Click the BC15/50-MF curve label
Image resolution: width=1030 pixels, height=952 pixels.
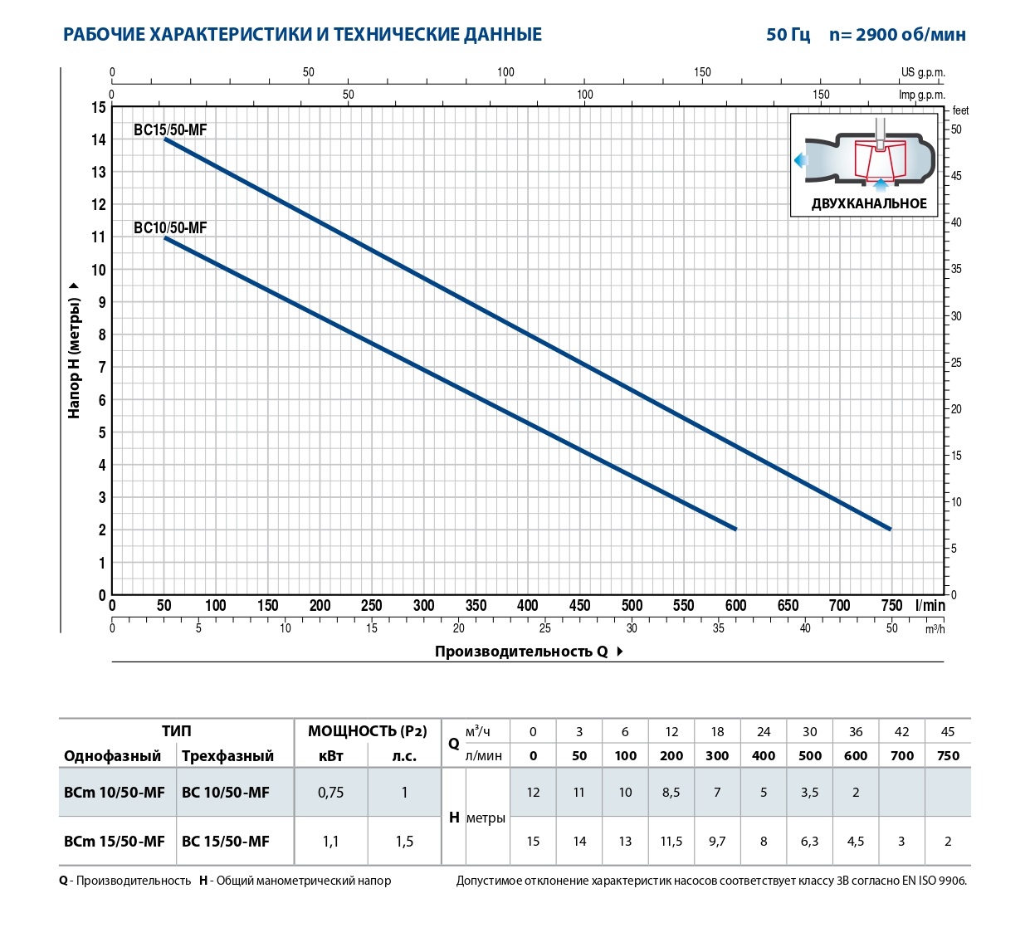click(x=170, y=130)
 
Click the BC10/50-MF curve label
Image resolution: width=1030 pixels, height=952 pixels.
click(x=170, y=228)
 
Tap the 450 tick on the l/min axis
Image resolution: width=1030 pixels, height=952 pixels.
click(x=579, y=606)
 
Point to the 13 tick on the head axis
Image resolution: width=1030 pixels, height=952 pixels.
click(x=99, y=173)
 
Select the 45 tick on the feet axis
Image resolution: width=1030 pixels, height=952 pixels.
click(x=956, y=176)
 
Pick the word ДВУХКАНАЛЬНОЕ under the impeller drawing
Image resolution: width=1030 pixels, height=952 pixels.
click(x=869, y=204)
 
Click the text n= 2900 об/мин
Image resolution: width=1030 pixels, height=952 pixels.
click(x=897, y=35)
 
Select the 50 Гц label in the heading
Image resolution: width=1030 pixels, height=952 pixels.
click(x=788, y=35)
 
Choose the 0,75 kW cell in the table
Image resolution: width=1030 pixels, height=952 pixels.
click(x=330, y=793)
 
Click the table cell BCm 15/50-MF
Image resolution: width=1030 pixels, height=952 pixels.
click(x=115, y=842)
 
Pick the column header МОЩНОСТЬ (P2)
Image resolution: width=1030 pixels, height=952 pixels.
click(x=367, y=731)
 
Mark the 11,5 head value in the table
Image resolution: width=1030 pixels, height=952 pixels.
click(x=671, y=842)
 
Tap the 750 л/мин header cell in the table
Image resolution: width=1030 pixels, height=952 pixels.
click(x=948, y=756)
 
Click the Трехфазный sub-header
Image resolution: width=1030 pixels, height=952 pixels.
click(x=227, y=756)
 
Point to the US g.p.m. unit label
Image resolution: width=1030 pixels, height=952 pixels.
click(x=923, y=73)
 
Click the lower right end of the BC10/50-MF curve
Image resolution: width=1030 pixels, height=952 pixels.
click(x=735, y=529)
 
